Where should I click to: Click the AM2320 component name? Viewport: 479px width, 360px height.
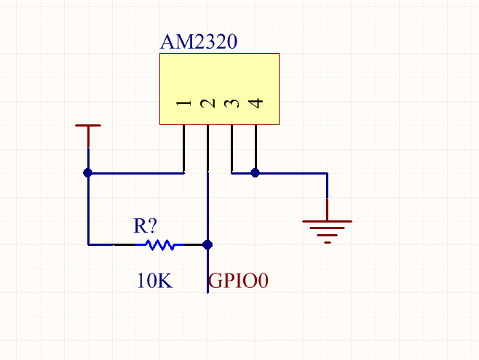coord(198,42)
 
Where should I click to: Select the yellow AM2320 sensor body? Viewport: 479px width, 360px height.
coord(219,80)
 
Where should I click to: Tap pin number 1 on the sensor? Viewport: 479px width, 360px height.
coord(184,103)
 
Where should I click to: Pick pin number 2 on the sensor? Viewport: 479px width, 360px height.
coord(208,103)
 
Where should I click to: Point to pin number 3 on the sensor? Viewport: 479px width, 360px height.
coord(232,103)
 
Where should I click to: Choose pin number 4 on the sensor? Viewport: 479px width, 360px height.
coord(256,103)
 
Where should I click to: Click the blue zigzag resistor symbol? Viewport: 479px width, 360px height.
coord(160,245)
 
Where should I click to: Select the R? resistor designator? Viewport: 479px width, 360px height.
coord(145,225)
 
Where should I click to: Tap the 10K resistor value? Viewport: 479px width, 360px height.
coord(154,281)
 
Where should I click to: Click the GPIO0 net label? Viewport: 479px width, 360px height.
coord(239,281)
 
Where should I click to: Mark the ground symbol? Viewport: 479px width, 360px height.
coord(328,230)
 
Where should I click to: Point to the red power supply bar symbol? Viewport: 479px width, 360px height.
coord(88,127)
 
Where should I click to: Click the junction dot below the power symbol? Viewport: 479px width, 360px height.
coord(88,173)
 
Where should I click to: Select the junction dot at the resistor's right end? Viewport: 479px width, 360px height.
coord(208,245)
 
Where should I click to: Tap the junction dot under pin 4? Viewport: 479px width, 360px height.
coord(256,173)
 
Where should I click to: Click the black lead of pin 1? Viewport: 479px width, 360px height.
coord(184,148)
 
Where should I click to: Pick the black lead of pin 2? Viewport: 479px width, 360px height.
coord(208,148)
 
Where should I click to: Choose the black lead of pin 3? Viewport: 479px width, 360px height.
coord(232,148)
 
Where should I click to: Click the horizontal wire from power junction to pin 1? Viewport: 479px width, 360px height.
coord(135,173)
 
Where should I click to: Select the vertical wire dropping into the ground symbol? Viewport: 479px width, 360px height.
coord(328,196)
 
